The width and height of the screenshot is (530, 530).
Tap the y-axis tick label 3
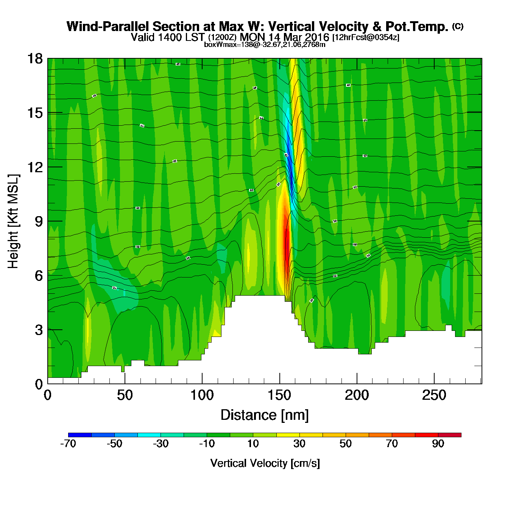tap(39, 330)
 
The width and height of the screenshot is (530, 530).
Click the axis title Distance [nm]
tap(265, 415)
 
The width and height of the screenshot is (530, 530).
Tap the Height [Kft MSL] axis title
tap(13, 221)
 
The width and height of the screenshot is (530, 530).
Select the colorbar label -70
tap(68, 444)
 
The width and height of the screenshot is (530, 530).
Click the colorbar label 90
tap(438, 444)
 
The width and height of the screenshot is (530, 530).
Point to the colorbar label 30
tap(299, 444)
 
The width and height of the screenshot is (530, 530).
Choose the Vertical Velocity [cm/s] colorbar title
tap(265, 463)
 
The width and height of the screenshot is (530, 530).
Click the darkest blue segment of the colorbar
tap(80, 435)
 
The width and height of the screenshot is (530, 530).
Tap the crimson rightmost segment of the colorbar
tap(450, 435)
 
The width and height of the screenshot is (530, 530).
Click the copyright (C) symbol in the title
tap(458, 26)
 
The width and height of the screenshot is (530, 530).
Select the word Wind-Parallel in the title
tap(108, 26)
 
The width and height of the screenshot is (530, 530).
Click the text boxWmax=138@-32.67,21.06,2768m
tap(265, 45)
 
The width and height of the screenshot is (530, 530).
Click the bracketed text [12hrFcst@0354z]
tap(366, 37)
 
